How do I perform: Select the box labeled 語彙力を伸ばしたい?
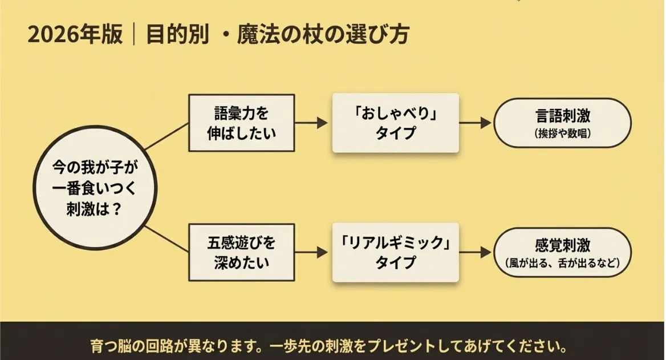point(241,123)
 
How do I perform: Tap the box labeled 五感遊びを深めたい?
point(241,252)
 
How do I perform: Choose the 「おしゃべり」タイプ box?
point(395,123)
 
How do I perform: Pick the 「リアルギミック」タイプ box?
point(395,252)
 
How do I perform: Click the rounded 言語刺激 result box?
point(562,123)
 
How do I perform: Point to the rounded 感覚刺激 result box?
point(562,252)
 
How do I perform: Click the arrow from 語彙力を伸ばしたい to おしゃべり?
point(312,123)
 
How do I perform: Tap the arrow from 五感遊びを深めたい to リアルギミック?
point(312,252)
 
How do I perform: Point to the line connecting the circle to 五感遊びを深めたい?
point(166,238)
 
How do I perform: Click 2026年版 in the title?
point(74,35)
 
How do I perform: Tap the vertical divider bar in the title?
point(134,35)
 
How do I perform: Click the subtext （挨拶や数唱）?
point(562,134)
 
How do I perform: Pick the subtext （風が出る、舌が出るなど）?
point(562,264)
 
